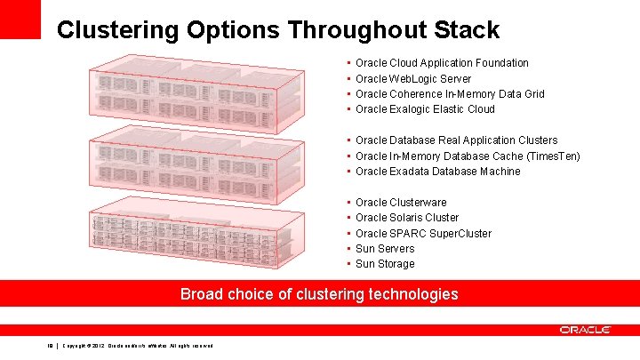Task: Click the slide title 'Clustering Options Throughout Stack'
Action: point(277,30)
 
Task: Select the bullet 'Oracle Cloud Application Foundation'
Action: point(442,63)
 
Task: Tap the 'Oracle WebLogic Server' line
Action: point(413,79)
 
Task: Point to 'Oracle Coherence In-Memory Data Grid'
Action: point(450,94)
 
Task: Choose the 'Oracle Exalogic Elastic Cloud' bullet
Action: point(425,109)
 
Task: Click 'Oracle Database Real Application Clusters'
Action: point(456,140)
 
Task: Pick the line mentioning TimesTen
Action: point(468,156)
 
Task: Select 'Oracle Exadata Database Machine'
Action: point(437,172)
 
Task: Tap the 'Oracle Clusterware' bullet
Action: point(401,203)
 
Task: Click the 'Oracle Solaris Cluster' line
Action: point(407,218)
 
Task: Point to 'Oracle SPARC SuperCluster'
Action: point(423,234)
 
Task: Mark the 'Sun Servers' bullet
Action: point(385,249)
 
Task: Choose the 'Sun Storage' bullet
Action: point(385,264)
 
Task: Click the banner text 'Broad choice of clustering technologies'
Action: point(319,294)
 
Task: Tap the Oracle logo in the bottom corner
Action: point(585,330)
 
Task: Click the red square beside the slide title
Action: point(20,19)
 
